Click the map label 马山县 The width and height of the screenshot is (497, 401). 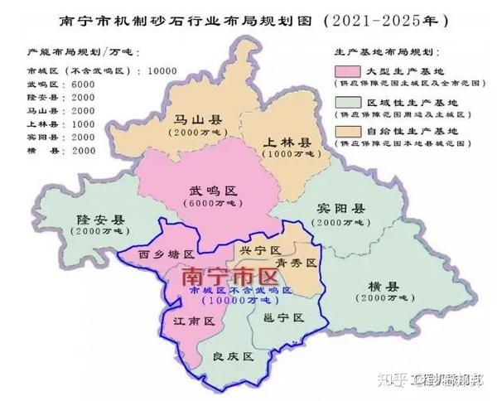192,121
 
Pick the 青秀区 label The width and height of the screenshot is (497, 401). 297,263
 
